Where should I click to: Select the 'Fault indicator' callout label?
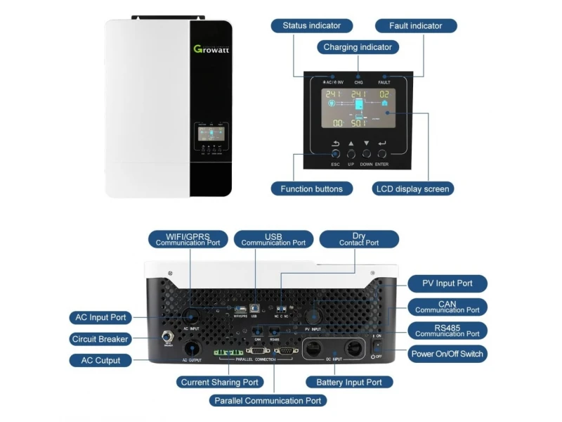tap(416, 26)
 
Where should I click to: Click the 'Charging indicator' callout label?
tap(358, 47)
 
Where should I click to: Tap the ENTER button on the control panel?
tap(382, 153)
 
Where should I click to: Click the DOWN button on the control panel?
tap(366, 153)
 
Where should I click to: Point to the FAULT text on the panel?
tap(384, 82)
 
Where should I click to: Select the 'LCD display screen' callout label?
tap(412, 188)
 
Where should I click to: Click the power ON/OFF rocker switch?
tap(378, 345)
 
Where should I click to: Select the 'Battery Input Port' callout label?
tap(344, 382)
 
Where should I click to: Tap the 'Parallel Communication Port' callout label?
tap(268, 400)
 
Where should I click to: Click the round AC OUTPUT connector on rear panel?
tap(190, 347)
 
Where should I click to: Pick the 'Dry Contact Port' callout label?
tap(358, 239)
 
